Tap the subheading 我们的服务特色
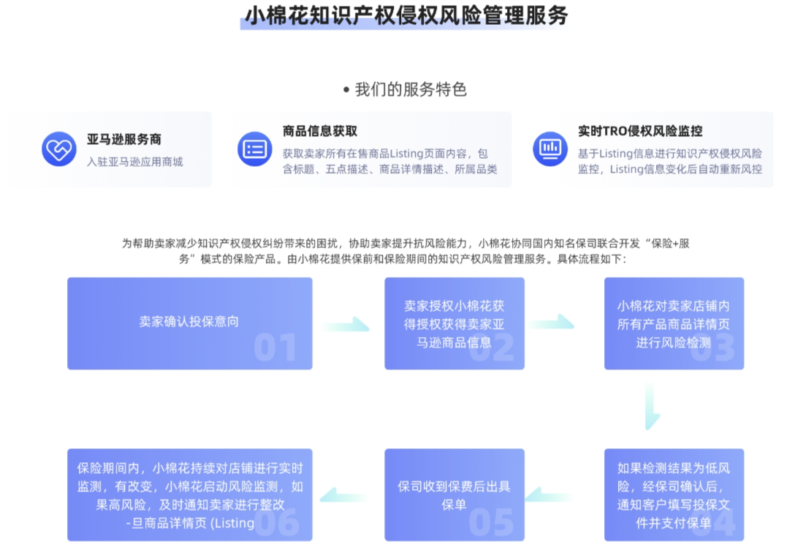pos(410,90)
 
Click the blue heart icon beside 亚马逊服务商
pos(59,149)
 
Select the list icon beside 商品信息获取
pos(254,149)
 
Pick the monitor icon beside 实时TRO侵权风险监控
pos(550,149)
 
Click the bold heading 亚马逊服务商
pos(124,139)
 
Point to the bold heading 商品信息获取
pos(320,132)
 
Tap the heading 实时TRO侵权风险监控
pos(640,132)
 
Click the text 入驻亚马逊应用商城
pos(135,162)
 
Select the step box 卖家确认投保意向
pos(189,323)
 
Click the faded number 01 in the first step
pos(275,348)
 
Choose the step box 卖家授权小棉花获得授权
pos(454,323)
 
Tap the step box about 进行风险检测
pos(673,323)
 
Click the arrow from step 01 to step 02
pos(346,324)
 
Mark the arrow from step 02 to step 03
pos(552,321)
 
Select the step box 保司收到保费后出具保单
pos(454,494)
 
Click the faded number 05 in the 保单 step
pos(491,521)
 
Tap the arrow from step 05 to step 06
pos(345,495)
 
